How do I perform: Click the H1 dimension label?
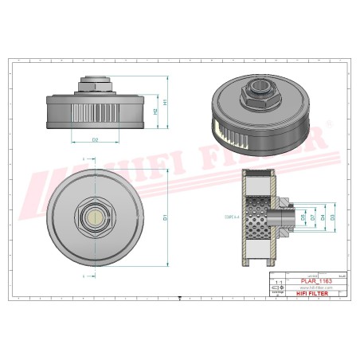(165, 102)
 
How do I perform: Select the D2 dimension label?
(95, 140)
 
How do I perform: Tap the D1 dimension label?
(165, 216)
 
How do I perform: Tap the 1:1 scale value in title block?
(278, 281)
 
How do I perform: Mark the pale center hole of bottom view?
(95, 216)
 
